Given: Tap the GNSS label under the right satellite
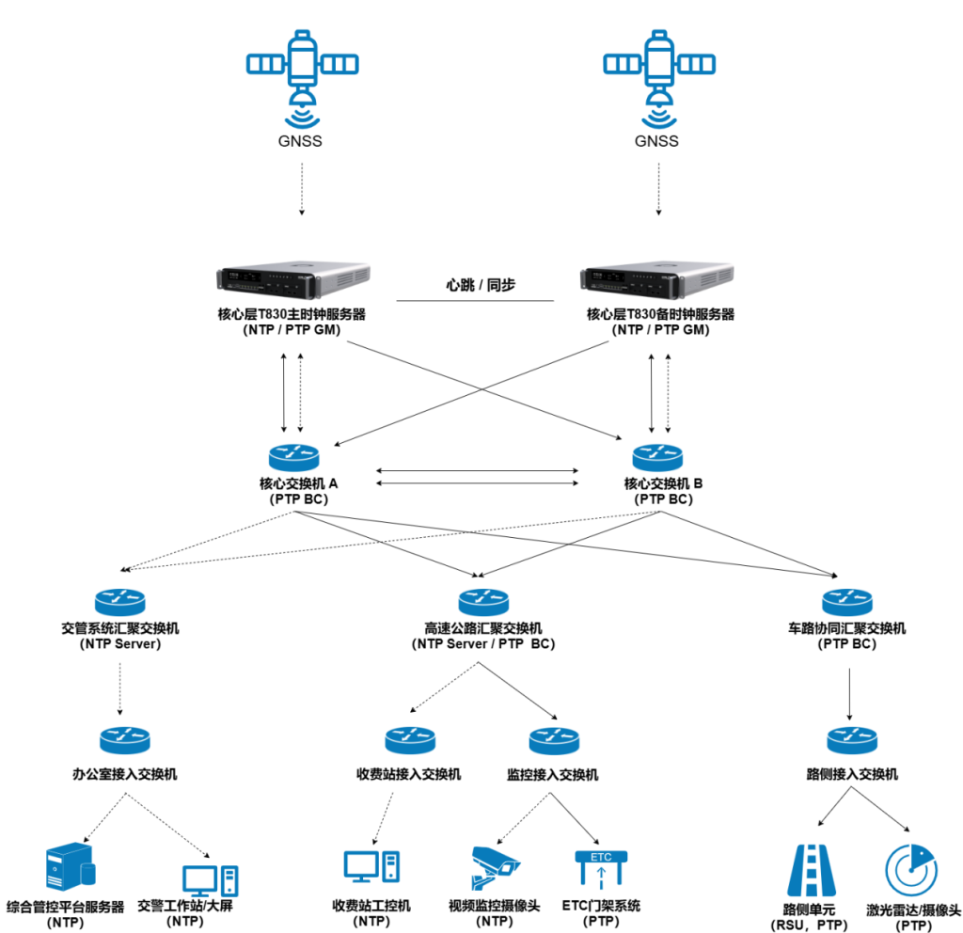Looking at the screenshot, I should tap(657, 142).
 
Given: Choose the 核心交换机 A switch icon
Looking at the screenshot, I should tap(294, 457).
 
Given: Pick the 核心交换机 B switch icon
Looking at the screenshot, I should tap(657, 457).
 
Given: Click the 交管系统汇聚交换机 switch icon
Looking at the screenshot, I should tap(120, 601).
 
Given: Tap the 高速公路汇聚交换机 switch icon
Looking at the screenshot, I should tap(483, 601).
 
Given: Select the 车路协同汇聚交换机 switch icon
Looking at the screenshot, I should tap(846, 601).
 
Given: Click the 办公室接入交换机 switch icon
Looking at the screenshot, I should tap(124, 740).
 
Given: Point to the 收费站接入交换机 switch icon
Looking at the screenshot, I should tap(410, 740).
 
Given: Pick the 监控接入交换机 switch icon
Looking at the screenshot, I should tap(554, 740).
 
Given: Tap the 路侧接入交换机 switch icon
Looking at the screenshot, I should tap(852, 740).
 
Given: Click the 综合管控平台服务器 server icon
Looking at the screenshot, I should tap(70, 870).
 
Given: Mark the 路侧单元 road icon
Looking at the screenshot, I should tap(810, 870).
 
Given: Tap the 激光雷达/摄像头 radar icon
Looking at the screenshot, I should tap(911, 870).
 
